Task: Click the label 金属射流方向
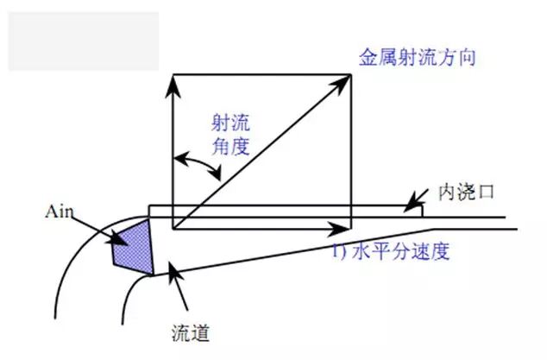pos(418,59)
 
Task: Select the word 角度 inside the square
pos(229,146)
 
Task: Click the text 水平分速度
pos(405,252)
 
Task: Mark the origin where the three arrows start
pos(174,229)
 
